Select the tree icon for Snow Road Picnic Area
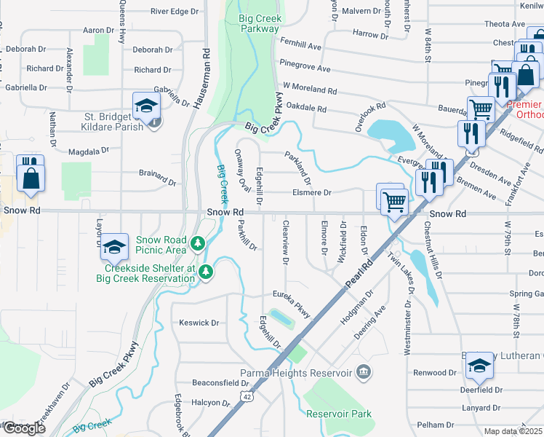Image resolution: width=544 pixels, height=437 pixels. (x=197, y=243)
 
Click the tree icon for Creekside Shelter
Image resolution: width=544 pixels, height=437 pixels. (x=207, y=272)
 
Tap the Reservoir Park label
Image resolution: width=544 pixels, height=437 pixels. (x=339, y=414)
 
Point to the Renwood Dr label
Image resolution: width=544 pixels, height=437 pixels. (x=433, y=372)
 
